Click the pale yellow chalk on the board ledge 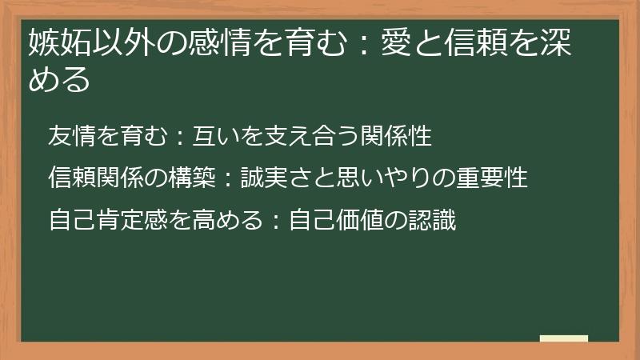click(563, 338)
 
